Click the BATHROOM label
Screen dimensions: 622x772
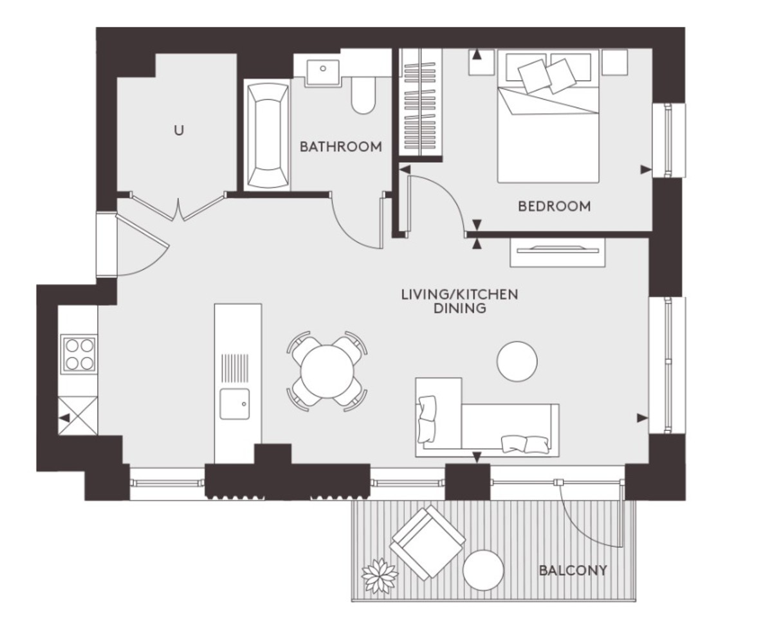[x=340, y=147]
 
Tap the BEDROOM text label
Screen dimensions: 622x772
[x=554, y=206]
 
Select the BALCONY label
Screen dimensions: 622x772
[x=573, y=570]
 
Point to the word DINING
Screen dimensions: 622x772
[x=459, y=309]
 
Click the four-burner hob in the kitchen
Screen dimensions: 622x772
[x=78, y=354]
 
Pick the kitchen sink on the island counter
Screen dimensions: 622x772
[x=234, y=404]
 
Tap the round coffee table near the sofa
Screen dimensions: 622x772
[x=517, y=361]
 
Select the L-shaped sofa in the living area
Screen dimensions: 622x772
[x=489, y=425]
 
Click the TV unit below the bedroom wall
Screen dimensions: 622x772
[x=558, y=252]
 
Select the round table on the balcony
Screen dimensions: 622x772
[x=483, y=569]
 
